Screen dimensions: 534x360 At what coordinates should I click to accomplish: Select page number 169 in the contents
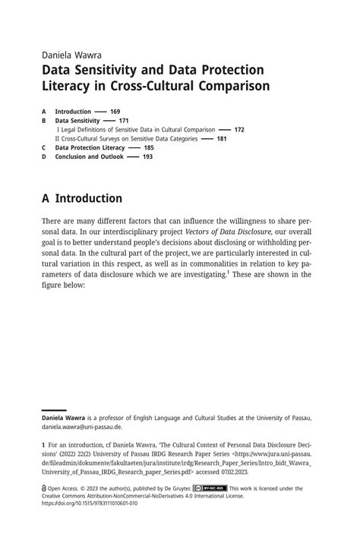coord(115,112)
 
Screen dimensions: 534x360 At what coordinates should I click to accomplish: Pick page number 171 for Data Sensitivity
coord(124,121)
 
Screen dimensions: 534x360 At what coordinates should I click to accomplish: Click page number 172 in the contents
coord(239,130)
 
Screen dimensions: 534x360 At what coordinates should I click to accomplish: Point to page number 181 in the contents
coord(222,139)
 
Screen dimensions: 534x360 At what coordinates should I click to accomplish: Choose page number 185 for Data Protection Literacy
coord(149,148)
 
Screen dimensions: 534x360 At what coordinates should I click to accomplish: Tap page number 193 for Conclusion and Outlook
coord(147,157)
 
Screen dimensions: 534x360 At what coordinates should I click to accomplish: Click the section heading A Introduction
coord(82,199)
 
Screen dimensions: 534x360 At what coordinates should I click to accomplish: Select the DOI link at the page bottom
coord(89,504)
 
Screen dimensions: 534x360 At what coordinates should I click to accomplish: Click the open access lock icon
coord(44,488)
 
